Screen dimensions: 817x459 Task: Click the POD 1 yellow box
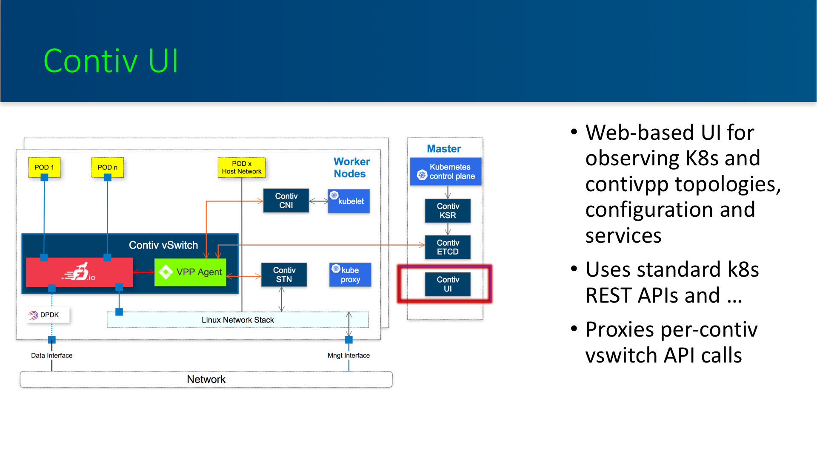(x=44, y=167)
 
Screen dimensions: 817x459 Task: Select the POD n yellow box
(x=108, y=167)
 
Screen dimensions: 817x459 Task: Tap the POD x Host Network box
(x=242, y=167)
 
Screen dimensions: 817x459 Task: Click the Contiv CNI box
(x=286, y=201)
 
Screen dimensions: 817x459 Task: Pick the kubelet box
(x=349, y=201)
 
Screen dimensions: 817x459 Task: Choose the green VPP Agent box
(x=190, y=272)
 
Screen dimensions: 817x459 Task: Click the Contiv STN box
(x=284, y=275)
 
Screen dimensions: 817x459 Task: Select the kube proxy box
(x=350, y=275)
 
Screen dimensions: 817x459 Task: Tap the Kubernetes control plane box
(x=446, y=171)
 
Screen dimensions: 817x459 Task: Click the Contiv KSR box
(x=448, y=211)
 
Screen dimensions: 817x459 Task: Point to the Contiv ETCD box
(x=448, y=247)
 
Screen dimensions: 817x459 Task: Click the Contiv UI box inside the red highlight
(x=448, y=284)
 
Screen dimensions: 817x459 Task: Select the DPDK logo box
(x=48, y=315)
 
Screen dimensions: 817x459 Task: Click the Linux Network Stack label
(x=238, y=320)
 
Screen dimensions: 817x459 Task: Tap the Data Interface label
(x=51, y=355)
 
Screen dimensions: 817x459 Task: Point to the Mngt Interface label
(x=349, y=355)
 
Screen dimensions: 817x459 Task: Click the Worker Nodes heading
(x=351, y=168)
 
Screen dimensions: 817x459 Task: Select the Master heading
(x=444, y=149)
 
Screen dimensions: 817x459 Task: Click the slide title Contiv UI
(x=111, y=61)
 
